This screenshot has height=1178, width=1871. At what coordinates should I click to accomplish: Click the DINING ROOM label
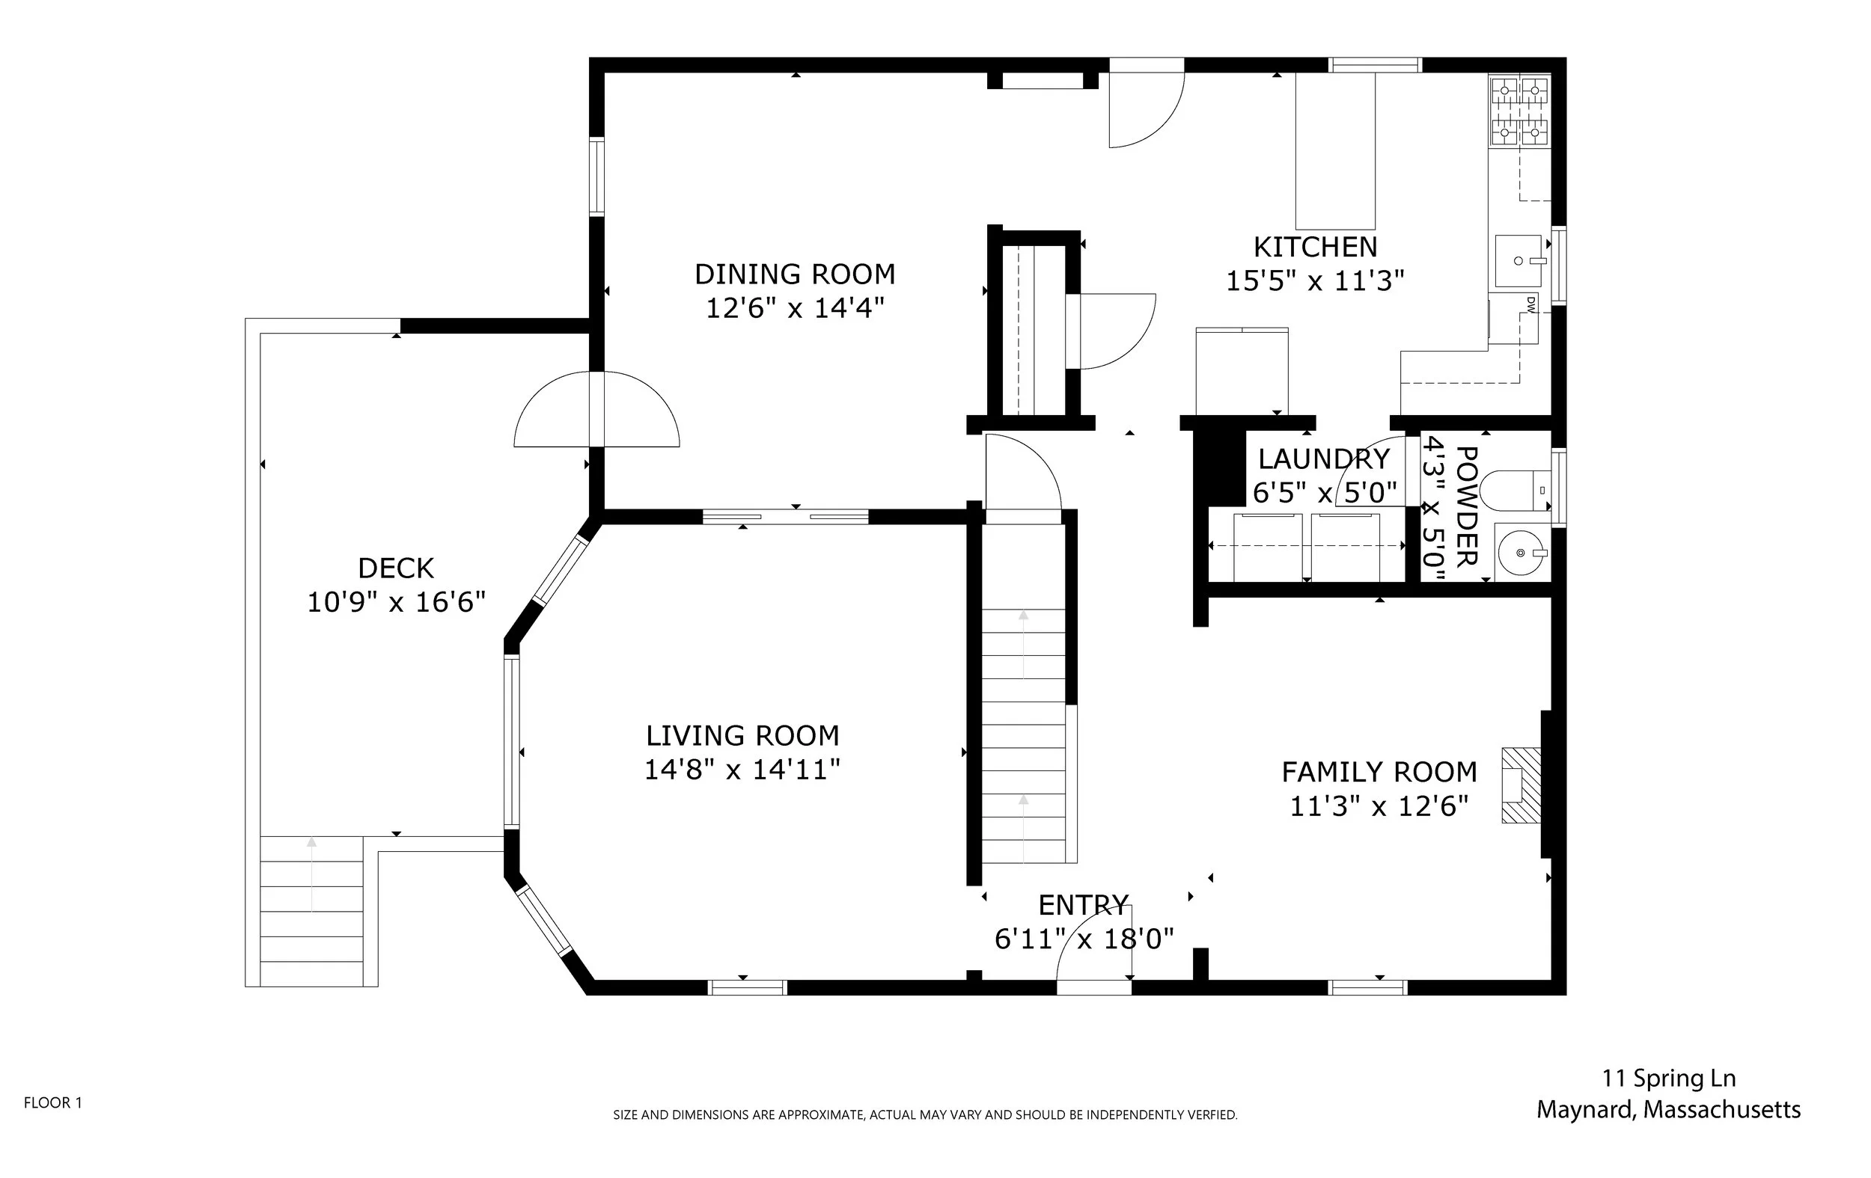pyautogui.click(x=794, y=274)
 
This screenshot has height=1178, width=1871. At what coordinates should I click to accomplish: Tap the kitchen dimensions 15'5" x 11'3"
pyautogui.click(x=1315, y=280)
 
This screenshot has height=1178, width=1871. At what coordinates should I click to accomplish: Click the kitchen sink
pyautogui.click(x=1519, y=261)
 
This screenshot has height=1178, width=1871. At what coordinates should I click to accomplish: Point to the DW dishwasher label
pyautogui.click(x=1530, y=304)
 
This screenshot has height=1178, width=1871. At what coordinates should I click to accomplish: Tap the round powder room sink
pyautogui.click(x=1520, y=553)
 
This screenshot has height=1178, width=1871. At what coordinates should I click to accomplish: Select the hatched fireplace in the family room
pyautogui.click(x=1521, y=785)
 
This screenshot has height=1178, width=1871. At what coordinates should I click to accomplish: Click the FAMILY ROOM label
pyautogui.click(x=1379, y=772)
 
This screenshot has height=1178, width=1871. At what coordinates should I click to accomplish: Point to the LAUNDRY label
pyautogui.click(x=1323, y=459)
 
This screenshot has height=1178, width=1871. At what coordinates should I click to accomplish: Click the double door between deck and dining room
pyautogui.click(x=596, y=409)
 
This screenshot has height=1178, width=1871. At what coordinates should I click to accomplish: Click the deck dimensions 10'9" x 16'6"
pyautogui.click(x=396, y=602)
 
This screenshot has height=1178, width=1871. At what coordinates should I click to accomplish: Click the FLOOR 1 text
pyautogui.click(x=53, y=1102)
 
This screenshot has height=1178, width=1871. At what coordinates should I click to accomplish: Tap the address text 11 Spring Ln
pyautogui.click(x=1668, y=1078)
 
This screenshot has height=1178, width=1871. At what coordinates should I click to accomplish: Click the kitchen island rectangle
pyautogui.click(x=1335, y=159)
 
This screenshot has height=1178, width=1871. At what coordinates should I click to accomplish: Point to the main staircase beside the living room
pyautogui.click(x=1023, y=734)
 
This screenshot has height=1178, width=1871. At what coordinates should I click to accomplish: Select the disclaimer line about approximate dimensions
pyautogui.click(x=924, y=1115)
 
